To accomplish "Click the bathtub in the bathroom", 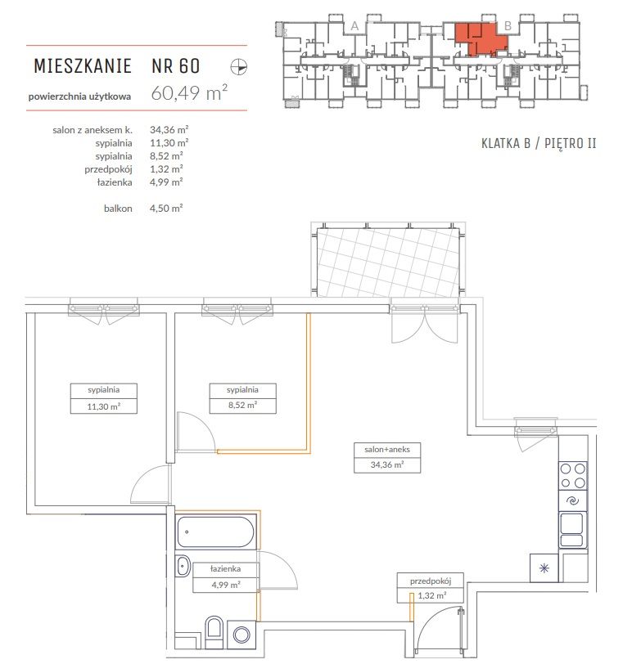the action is click(x=216, y=532).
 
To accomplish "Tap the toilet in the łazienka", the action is click(x=214, y=632).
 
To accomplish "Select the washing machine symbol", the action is click(x=242, y=635).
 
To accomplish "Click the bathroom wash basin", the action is click(x=183, y=565).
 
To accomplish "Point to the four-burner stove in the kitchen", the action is click(x=573, y=476).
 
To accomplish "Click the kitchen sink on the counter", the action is click(x=573, y=529).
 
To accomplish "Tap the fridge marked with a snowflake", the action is click(x=544, y=568).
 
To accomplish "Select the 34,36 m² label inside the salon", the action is click(x=387, y=464).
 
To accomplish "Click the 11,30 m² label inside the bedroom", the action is click(x=104, y=406).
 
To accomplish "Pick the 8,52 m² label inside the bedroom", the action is click(x=243, y=405).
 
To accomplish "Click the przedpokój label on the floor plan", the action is click(x=431, y=581).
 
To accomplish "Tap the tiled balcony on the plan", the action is click(x=388, y=262).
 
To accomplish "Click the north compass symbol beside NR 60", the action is click(x=239, y=67).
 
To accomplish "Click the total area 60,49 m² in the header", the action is click(x=189, y=92).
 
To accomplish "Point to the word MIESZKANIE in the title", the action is click(x=83, y=66).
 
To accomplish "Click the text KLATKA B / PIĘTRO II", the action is click(x=539, y=144).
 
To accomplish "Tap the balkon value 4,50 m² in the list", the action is click(x=166, y=208).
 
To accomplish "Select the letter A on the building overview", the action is click(x=354, y=26).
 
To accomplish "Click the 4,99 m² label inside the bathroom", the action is click(x=226, y=585).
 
